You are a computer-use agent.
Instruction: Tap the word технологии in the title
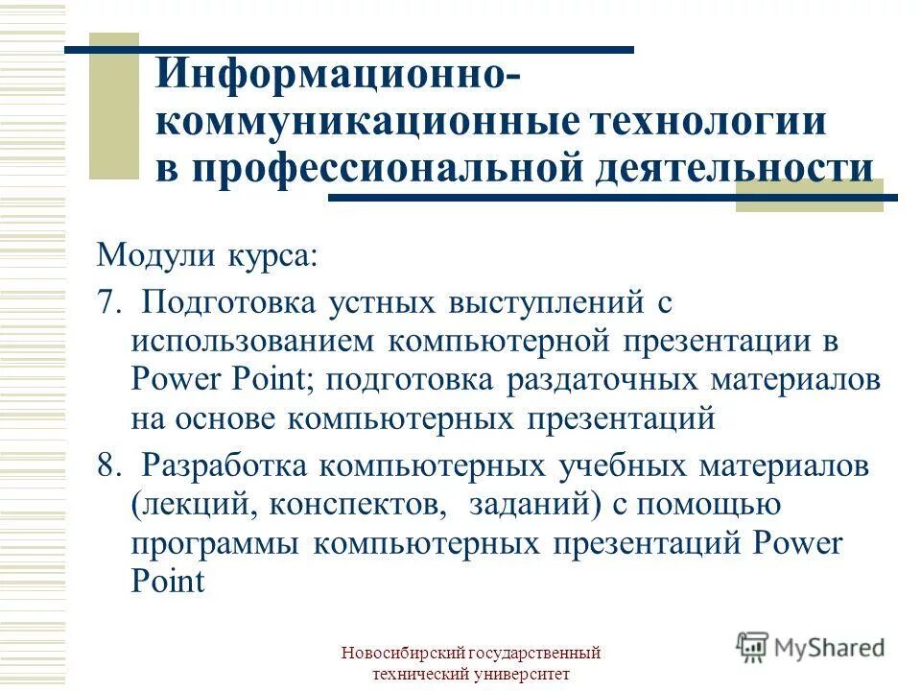[706, 124]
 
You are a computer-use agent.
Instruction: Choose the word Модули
[156, 257]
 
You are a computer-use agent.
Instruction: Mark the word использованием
[253, 342]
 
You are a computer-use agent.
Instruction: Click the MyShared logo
[811, 646]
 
